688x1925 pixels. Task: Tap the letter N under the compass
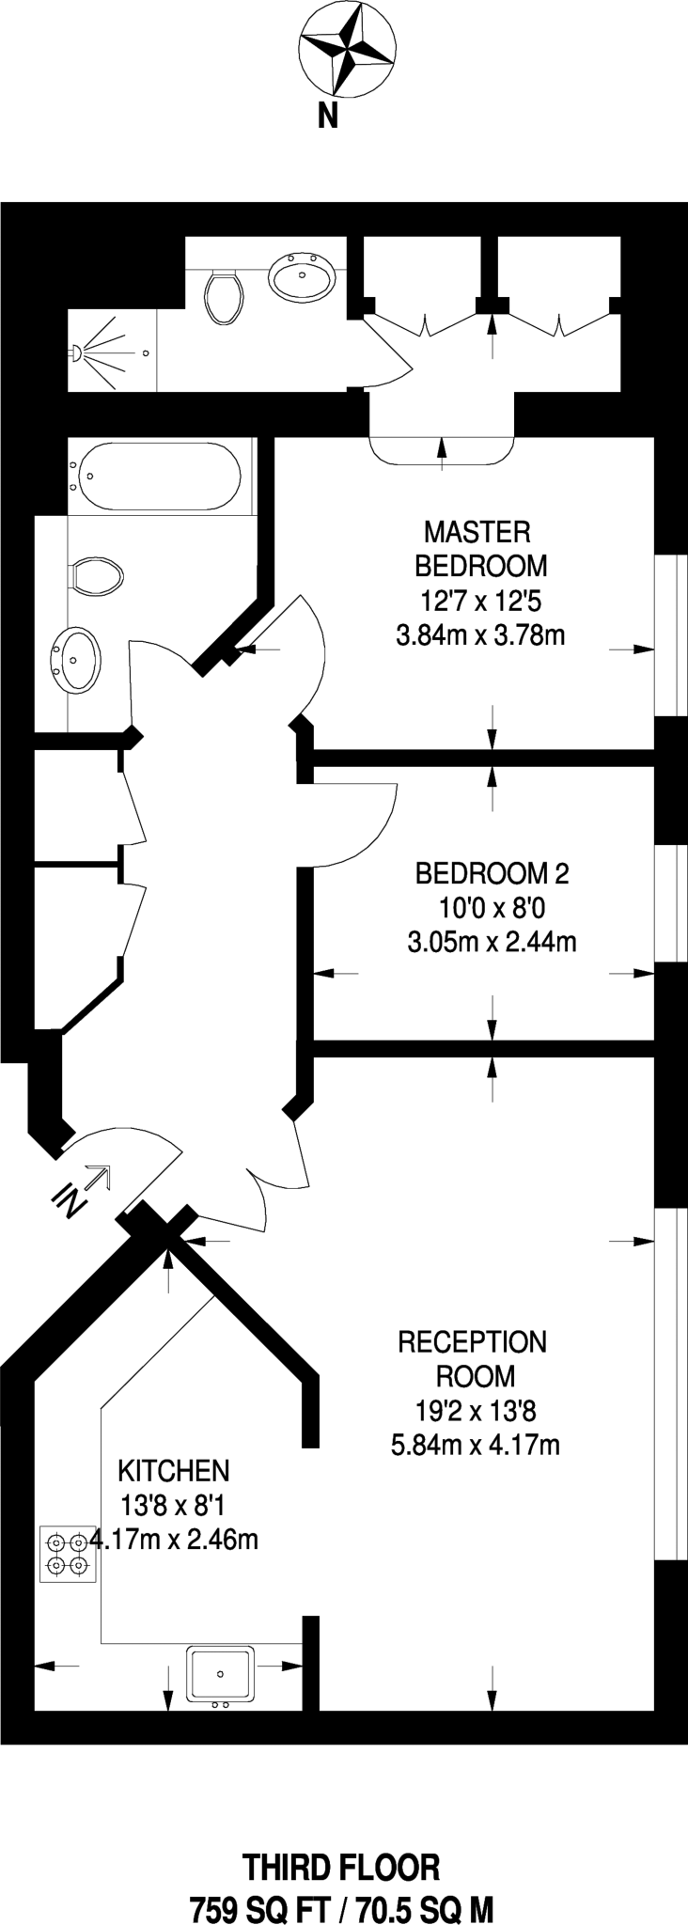327,117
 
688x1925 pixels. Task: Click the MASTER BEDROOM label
479,549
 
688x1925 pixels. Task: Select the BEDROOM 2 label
492,873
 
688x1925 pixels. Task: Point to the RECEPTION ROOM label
473,1358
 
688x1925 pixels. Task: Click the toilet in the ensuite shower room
223,295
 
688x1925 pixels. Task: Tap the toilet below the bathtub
97,576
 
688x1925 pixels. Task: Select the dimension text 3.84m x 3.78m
480,635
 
